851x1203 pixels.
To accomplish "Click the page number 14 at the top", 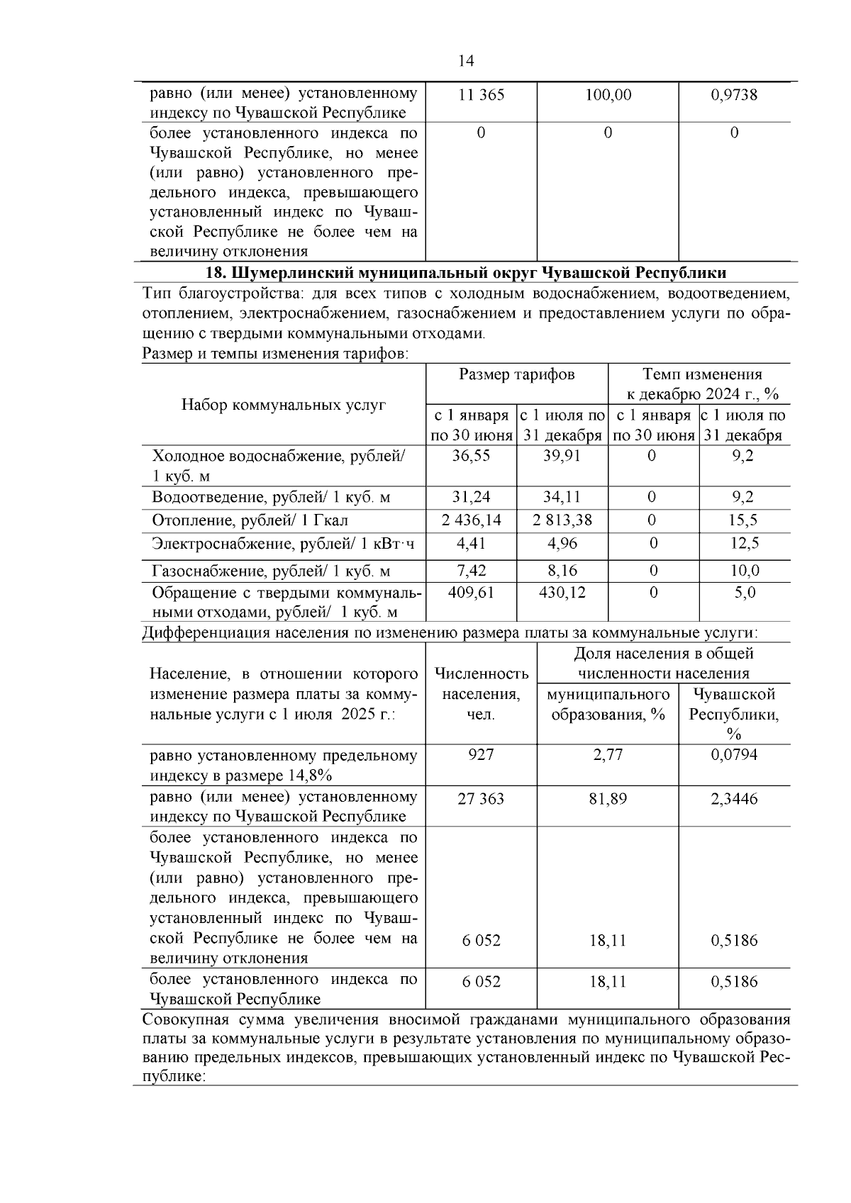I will point(466,61).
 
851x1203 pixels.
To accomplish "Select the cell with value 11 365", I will point(482,95).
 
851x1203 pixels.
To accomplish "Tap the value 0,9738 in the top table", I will point(734,95).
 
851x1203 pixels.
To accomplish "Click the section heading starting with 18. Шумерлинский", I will point(465,273).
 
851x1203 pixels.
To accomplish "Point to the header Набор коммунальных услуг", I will point(284,405).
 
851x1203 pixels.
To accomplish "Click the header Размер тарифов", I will point(516,374).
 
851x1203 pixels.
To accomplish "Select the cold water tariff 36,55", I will point(471,456).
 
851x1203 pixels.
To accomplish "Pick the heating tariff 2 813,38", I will point(562,520).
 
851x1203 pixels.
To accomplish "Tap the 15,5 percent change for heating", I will point(742,520).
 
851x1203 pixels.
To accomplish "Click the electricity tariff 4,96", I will point(562,544).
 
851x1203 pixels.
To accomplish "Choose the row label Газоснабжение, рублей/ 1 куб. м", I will point(272,571).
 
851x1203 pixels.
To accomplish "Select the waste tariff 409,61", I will point(471,592).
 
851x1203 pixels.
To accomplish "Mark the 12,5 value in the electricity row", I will point(744,544).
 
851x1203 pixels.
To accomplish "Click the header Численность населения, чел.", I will point(481,694).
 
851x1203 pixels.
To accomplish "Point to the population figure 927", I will point(481,755).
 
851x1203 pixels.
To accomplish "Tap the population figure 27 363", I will point(481,799).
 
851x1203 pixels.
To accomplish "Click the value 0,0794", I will point(734,755).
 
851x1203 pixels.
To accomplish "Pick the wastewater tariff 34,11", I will point(562,497).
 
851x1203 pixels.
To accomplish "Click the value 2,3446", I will point(734,799).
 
